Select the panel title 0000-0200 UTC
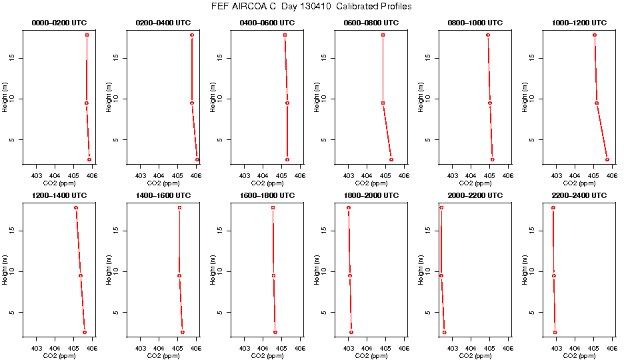click(60, 23)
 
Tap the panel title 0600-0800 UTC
click(372, 23)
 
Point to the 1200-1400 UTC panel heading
click(60, 195)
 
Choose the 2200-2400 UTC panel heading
click(580, 195)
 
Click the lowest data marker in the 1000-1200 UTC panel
click(607, 159)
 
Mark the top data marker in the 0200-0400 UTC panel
click(192, 35)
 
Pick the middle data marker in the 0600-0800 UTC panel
click(383, 103)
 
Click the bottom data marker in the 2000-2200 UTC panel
click(444, 332)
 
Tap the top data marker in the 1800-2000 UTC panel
click(348, 208)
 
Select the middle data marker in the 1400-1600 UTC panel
click(179, 275)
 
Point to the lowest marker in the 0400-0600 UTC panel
click(287, 159)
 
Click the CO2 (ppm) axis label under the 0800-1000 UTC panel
click(476, 183)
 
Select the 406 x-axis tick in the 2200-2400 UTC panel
click(611, 348)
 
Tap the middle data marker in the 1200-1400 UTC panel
click(81, 275)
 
